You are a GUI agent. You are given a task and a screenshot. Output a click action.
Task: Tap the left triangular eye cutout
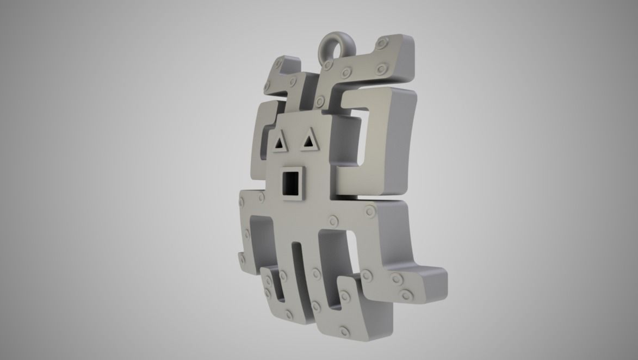pos(280,144)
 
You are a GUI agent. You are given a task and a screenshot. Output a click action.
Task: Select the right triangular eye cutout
pos(309,141)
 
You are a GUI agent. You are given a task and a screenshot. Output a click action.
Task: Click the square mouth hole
pos(291,183)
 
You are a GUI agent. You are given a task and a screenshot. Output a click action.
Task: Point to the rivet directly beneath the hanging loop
pos(328,65)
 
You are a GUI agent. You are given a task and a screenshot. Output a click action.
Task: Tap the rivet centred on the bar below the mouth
pos(332,220)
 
